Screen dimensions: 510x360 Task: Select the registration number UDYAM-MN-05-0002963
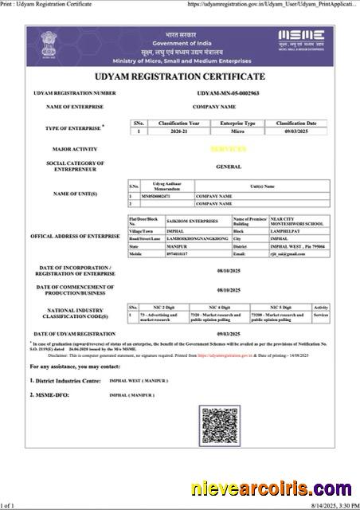pyautogui.click(x=228, y=93)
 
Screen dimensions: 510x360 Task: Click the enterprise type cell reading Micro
pyautogui.click(x=237, y=131)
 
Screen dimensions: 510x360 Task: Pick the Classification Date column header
pyautogui.click(x=296, y=124)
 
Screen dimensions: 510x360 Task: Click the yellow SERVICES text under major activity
pyautogui.click(x=229, y=149)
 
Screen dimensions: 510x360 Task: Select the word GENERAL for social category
pyautogui.click(x=229, y=167)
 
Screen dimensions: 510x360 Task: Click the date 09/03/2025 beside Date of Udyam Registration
pyautogui.click(x=228, y=334)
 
